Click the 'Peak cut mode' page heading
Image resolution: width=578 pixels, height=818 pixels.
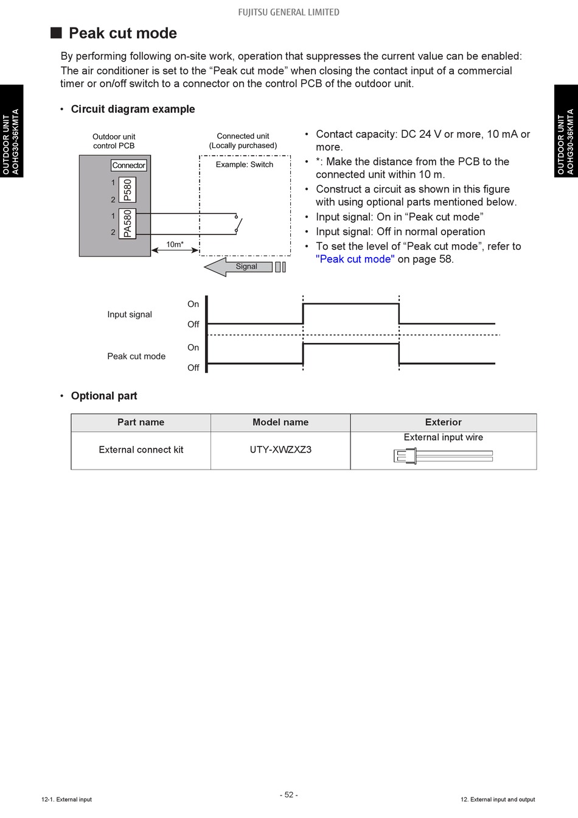pyautogui.click(x=122, y=33)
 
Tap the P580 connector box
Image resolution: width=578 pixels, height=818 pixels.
pyautogui.click(x=128, y=189)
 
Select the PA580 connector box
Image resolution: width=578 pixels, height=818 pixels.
pyautogui.click(x=128, y=224)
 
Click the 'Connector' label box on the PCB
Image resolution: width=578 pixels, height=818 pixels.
pyautogui.click(x=129, y=165)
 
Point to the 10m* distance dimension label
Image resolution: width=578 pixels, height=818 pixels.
pyautogui.click(x=175, y=244)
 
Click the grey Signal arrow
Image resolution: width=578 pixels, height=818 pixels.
pyautogui.click(x=239, y=267)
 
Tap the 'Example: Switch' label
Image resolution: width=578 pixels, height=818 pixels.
pyautogui.click(x=245, y=164)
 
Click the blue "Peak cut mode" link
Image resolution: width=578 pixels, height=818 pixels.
pyautogui.click(x=355, y=259)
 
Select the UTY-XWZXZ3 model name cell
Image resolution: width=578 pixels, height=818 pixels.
pyautogui.click(x=280, y=450)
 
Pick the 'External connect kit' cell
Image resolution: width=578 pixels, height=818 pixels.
pyautogui.click(x=141, y=450)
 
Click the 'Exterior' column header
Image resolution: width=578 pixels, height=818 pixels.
pyautogui.click(x=443, y=422)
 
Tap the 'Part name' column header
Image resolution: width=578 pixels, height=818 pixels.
pyautogui.click(x=141, y=422)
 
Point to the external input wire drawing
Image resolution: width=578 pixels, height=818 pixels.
pyautogui.click(x=443, y=456)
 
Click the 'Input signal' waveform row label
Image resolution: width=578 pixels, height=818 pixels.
pyautogui.click(x=130, y=314)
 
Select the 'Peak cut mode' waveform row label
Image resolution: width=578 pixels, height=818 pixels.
pyautogui.click(x=136, y=356)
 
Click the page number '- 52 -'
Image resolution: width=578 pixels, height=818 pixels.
pyautogui.click(x=289, y=795)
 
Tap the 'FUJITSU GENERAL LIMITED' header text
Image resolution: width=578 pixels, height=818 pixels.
pyautogui.click(x=289, y=12)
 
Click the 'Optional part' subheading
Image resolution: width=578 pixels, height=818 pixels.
pyautogui.click(x=104, y=396)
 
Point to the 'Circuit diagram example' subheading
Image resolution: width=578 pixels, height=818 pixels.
pyautogui.click(x=133, y=109)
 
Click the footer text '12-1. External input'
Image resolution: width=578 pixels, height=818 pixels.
pyautogui.click(x=67, y=799)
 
